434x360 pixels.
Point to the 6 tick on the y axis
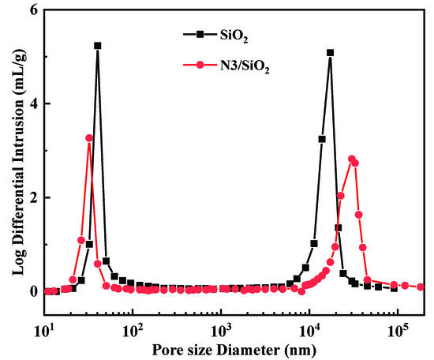coord(32,10)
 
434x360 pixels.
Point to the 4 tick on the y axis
coord(32,104)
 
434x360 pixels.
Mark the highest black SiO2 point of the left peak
coord(98,46)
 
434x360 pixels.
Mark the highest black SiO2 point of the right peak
coord(330,53)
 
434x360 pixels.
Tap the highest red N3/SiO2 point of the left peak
coord(89,138)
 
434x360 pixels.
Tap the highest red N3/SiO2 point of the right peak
coord(352,159)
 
